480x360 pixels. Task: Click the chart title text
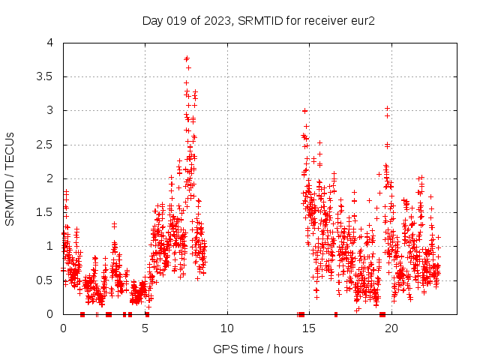click(259, 20)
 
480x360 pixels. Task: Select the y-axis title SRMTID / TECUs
click(10, 179)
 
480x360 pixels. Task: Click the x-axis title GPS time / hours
click(258, 349)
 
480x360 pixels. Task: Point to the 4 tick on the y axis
click(49, 43)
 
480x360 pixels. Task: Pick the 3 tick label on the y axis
click(49, 110)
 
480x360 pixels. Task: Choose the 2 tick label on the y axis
click(49, 178)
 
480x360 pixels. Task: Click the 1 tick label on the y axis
click(49, 246)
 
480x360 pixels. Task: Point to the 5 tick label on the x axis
click(145, 328)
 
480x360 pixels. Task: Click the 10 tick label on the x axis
click(227, 328)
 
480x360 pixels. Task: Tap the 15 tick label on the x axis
click(309, 328)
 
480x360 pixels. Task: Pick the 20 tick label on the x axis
click(391, 328)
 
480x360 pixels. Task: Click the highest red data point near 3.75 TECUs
click(187, 58)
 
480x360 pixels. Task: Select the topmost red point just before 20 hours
click(387, 108)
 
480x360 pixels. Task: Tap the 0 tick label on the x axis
click(64, 328)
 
